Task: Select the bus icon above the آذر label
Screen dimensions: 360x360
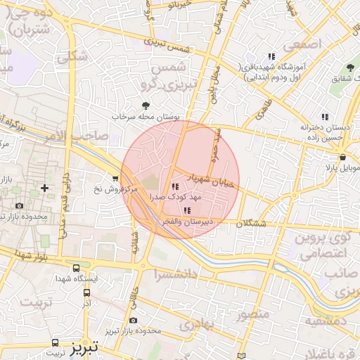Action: (86, 292)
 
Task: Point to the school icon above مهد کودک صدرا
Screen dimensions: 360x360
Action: (174, 187)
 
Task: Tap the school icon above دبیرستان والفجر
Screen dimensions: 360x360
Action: (186, 210)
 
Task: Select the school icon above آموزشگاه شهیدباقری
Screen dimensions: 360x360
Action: (271, 57)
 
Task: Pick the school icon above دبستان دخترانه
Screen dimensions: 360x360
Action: (324, 117)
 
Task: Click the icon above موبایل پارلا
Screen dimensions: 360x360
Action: (341, 157)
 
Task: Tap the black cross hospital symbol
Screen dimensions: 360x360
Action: (45, 188)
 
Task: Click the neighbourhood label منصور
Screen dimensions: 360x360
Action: (252, 314)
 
